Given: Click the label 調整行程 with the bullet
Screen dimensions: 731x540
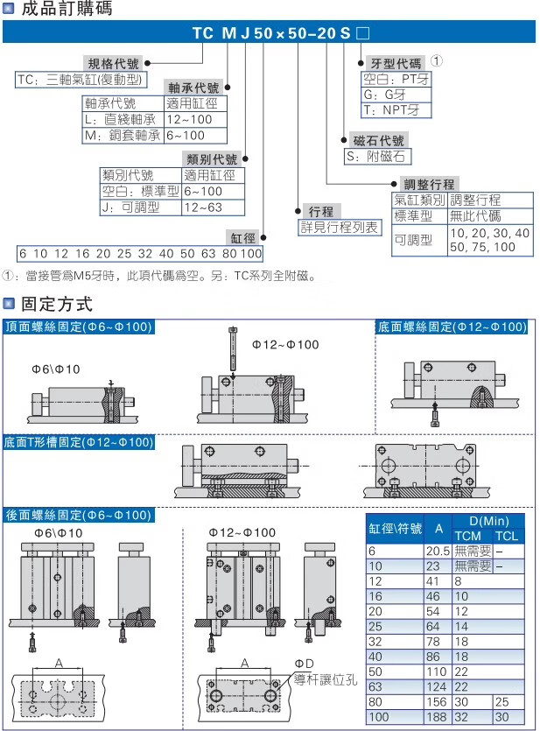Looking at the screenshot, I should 429,184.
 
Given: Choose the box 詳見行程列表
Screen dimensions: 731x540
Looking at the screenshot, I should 340,227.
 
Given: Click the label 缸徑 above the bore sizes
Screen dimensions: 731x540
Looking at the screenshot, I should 242,237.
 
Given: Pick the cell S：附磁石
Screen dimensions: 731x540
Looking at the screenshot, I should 378,157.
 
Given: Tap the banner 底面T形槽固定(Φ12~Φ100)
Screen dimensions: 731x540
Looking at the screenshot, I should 79,442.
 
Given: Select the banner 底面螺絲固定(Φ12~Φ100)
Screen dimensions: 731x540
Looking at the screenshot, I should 452,327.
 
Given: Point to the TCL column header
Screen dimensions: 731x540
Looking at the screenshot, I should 507,536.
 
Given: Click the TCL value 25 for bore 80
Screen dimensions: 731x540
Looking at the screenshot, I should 501,702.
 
